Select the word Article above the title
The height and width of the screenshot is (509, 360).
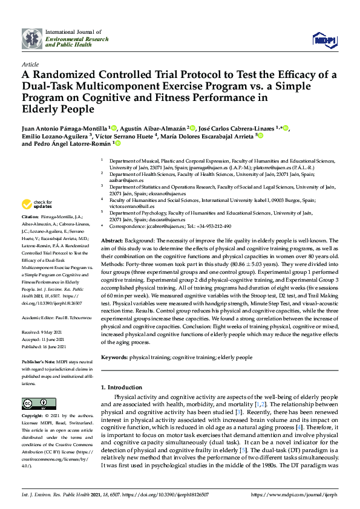30,63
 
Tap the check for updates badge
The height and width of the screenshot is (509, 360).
37,204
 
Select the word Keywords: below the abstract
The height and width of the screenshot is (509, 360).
115,357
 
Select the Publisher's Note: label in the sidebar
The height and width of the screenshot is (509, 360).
39,361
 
